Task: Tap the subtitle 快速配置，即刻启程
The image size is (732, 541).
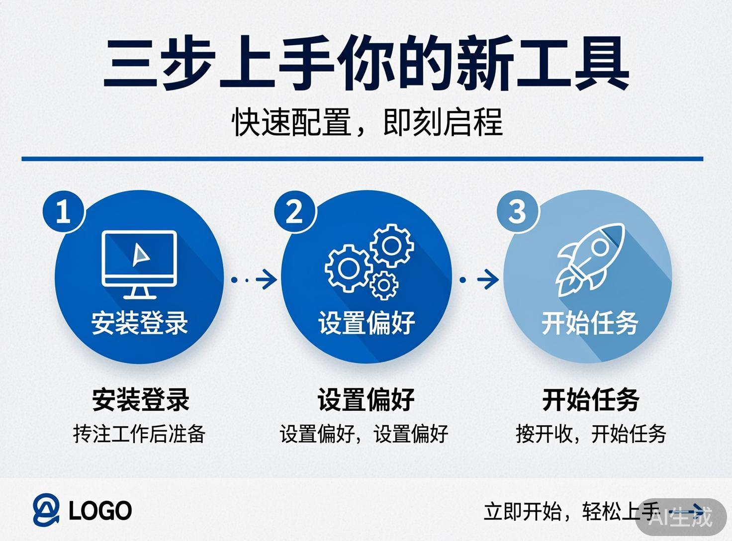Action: tap(367, 122)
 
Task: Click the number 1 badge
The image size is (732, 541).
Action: tap(63, 211)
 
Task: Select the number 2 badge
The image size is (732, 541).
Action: tap(294, 211)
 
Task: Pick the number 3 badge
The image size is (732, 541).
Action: tap(517, 211)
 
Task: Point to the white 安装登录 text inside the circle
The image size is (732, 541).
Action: tap(139, 323)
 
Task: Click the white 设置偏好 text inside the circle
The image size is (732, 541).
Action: tap(366, 323)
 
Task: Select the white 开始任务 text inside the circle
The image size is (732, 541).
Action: tap(590, 323)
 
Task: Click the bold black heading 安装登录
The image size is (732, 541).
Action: tap(141, 400)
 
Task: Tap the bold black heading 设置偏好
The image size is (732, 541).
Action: tap(366, 400)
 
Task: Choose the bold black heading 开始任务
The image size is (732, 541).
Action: tap(591, 400)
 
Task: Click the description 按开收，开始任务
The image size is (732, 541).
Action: tap(591, 434)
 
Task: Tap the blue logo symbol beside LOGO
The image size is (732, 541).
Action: tap(46, 510)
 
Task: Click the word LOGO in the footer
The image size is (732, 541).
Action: tap(100, 511)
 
